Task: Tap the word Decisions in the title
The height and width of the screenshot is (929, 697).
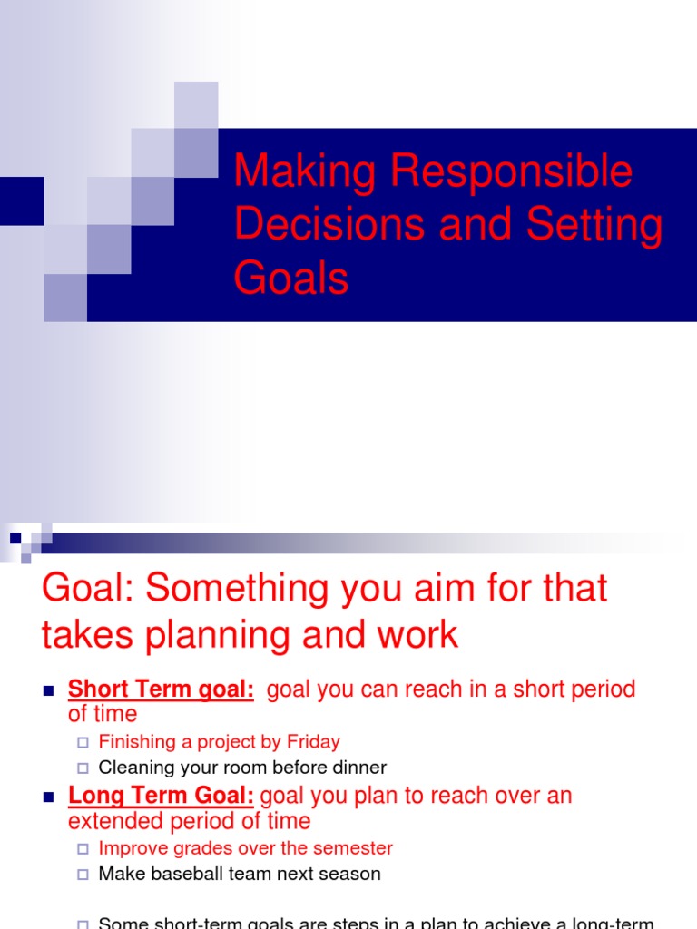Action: coord(329,225)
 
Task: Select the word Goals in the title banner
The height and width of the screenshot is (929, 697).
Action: coord(291,278)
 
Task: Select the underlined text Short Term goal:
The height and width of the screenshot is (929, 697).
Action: coord(161,689)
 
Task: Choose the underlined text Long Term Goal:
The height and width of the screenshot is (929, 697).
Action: coord(161,797)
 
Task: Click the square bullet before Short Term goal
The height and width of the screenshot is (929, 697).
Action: coord(49,691)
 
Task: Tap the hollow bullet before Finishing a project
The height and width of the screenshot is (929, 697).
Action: coord(83,743)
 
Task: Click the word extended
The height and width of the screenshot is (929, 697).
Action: coord(111,822)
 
